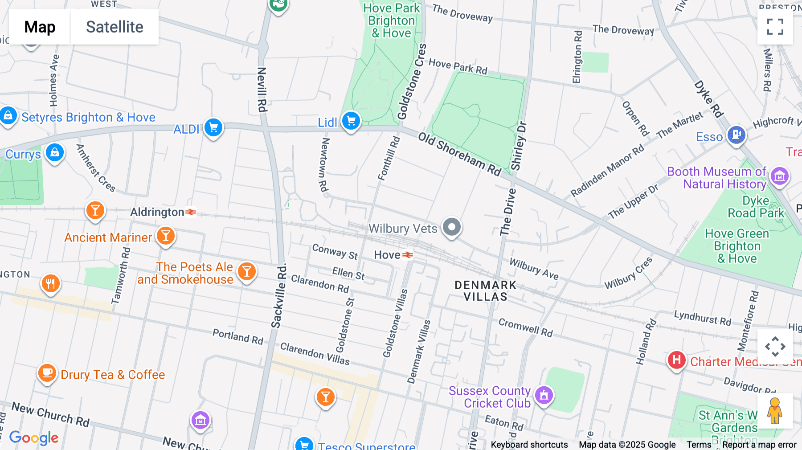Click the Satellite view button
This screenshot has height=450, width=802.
pos(115,27)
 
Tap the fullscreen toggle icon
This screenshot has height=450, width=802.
pos(775,27)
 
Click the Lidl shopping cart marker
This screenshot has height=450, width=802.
pos(351,121)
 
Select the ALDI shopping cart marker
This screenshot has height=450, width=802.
pos(213,128)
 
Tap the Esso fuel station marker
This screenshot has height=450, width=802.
pos(736,134)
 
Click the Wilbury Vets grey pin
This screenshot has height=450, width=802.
pos(451,227)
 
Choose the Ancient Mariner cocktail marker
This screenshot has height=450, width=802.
pos(166,236)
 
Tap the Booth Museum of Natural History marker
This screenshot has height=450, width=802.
pos(779,176)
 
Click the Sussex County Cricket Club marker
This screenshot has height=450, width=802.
pos(544,395)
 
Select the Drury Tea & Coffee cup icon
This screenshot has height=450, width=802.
pos(47,372)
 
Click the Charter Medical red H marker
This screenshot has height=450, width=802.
pos(676,360)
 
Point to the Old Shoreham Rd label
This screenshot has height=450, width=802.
pos(459,154)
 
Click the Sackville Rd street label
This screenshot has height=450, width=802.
pos(279,296)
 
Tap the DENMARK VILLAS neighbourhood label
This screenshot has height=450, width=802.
pos(485,291)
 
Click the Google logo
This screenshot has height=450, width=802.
pos(34,438)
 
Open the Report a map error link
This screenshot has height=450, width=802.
pos(759,445)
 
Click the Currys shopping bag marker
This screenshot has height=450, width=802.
pos(55,153)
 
